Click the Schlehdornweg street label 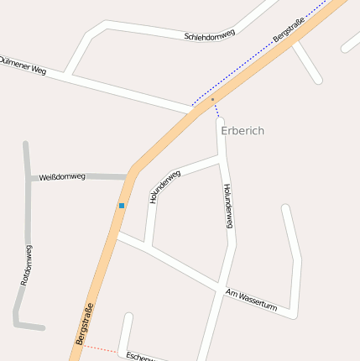pos(209,34)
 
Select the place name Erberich pos(243,131)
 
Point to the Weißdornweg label pos(62,176)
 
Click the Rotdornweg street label pos(26,264)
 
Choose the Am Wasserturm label pos(251,300)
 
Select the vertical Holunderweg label pos(227,206)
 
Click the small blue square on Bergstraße pos(122,205)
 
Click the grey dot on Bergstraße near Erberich pos(213,100)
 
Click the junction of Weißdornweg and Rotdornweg pos(29,178)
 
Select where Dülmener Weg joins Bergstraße pos(192,110)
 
